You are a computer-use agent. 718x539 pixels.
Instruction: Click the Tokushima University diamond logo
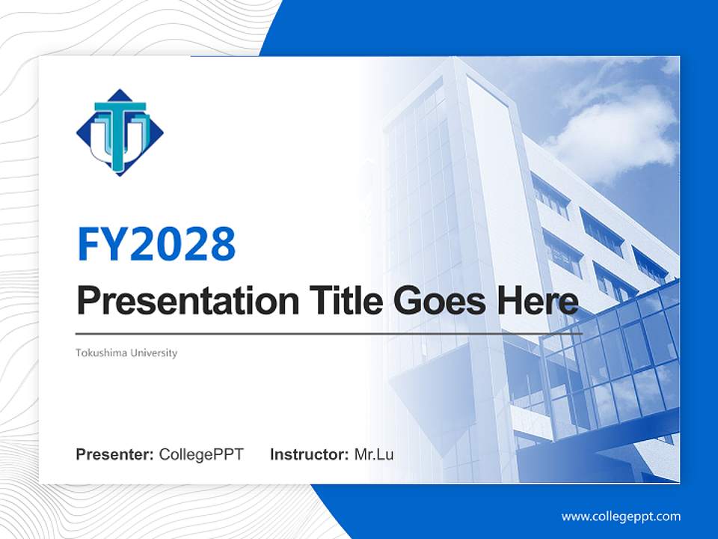point(120,133)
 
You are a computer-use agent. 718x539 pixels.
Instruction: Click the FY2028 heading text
point(156,244)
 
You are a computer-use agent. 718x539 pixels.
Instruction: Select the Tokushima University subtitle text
point(126,353)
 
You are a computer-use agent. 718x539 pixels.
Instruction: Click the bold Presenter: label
point(115,454)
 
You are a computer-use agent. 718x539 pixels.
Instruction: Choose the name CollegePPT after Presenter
point(201,454)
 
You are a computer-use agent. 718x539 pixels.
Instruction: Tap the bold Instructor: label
point(309,454)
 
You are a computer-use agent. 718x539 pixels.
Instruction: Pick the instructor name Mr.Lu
point(374,454)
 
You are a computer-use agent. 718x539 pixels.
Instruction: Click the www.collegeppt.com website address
point(621,517)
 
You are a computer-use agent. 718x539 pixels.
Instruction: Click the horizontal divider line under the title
point(329,333)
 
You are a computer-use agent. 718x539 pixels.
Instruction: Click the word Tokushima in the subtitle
point(99,353)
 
